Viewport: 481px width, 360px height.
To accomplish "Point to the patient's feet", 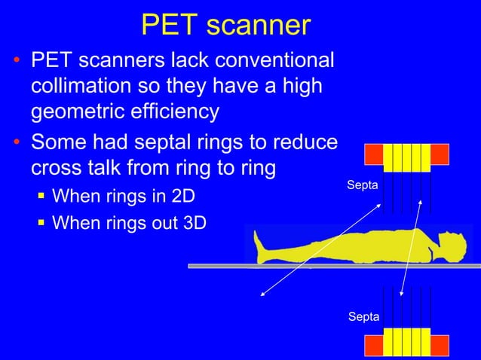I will tap(261, 246).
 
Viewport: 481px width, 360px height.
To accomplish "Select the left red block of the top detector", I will tap(373, 154).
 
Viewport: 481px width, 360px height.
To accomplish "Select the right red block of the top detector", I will tap(440, 154).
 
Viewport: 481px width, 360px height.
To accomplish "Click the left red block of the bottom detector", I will tap(373, 346).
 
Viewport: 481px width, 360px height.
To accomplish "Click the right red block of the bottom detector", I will tap(440, 346).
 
